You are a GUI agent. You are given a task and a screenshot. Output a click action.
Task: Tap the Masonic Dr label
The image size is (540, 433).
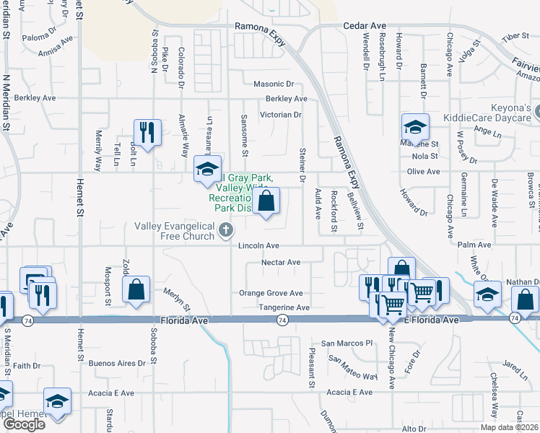pyautogui.click(x=274, y=84)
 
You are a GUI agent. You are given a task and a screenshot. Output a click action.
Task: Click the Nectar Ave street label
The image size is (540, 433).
pyautogui.click(x=281, y=263)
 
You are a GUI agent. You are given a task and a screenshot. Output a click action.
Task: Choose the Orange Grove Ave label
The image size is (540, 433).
pyautogui.click(x=271, y=294)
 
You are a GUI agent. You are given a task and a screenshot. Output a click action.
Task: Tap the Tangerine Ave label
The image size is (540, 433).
pyautogui.click(x=284, y=308)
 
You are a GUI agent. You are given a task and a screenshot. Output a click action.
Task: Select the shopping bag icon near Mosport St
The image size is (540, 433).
pyautogui.click(x=136, y=290)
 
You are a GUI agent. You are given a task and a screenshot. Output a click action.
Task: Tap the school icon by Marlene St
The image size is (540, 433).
pyautogui.click(x=415, y=128)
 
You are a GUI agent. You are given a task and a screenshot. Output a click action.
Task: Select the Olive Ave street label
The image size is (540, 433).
pyautogui.click(x=423, y=172)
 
